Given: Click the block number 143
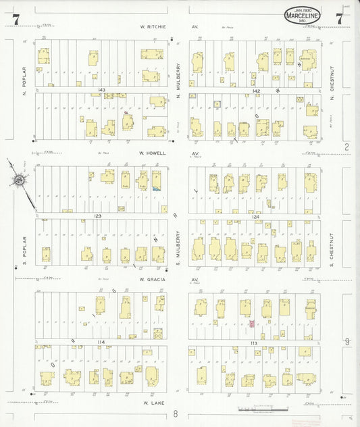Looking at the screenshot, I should tap(101, 90).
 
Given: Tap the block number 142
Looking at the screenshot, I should tap(256, 90).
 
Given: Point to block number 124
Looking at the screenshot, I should tap(256, 216).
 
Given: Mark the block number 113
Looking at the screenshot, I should tap(255, 343).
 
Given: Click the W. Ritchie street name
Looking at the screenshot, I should tap(152, 28).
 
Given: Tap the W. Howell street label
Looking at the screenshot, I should tap(152, 153).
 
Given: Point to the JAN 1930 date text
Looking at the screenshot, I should tap(302, 7).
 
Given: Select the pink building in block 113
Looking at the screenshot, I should tap(252, 324).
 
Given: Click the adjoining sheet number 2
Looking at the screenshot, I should tap(346, 147).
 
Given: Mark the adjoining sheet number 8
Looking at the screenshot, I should tap(174, 413).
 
